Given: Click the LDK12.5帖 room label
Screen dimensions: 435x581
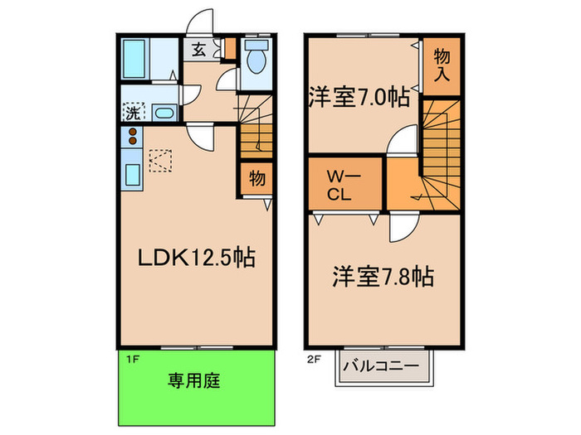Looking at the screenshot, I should coord(195,258).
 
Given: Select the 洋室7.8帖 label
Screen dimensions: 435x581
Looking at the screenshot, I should coord(384,275).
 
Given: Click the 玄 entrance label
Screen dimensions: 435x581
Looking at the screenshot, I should coord(200,50).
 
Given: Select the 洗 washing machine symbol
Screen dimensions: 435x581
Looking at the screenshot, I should coord(133,111).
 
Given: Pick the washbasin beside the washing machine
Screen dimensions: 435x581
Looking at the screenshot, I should coord(164,114).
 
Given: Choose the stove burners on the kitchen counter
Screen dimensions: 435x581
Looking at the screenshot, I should coord(132,138).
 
